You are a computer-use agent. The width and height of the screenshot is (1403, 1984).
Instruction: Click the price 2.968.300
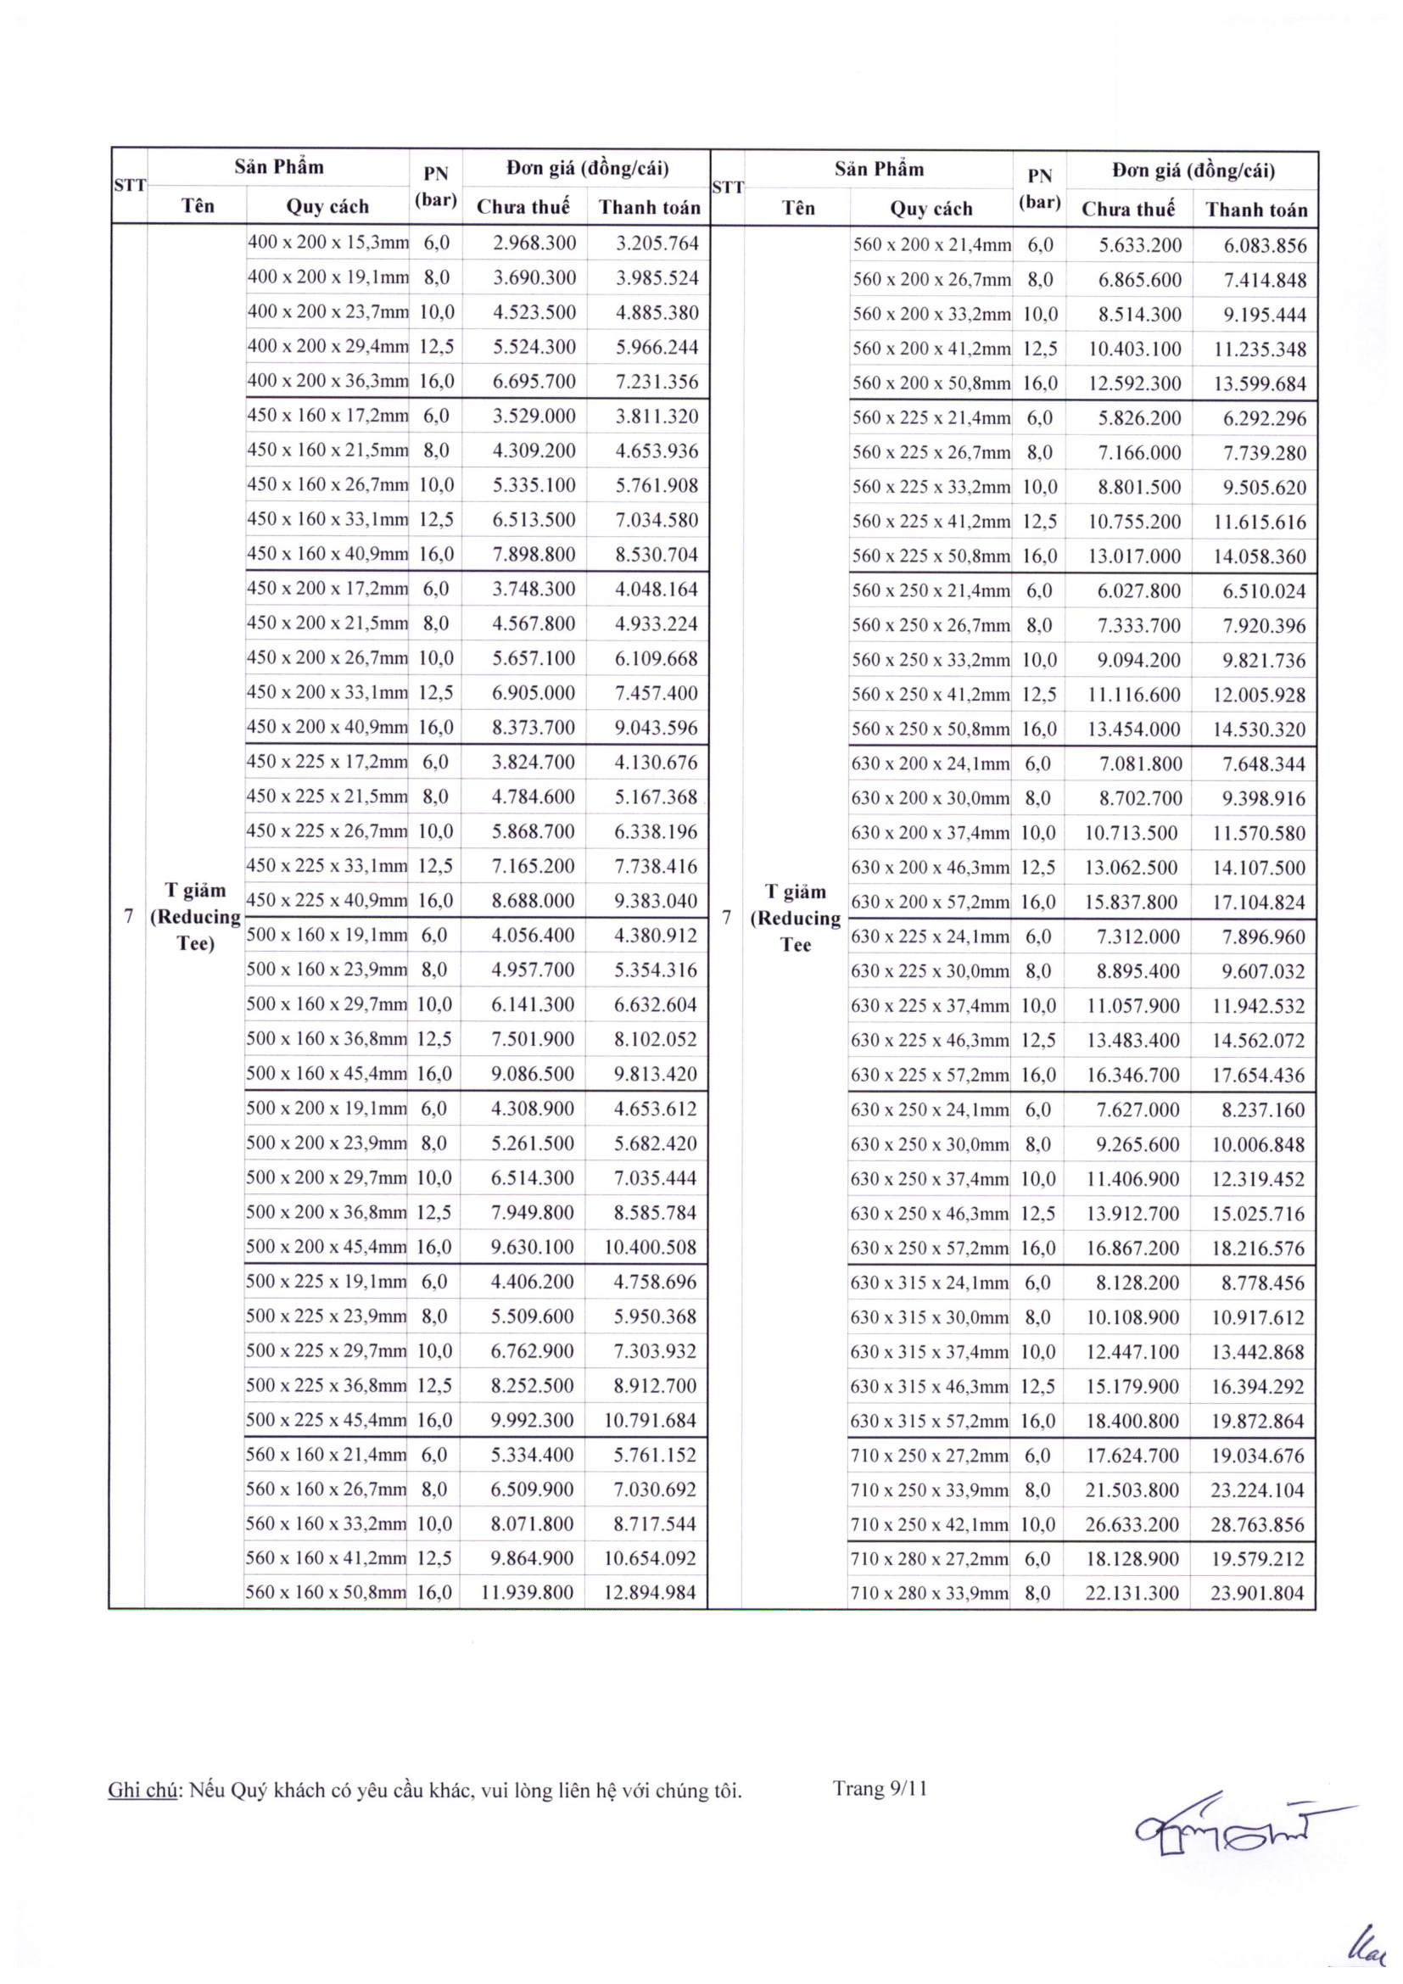534,243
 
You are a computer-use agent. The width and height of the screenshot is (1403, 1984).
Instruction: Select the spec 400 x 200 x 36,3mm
327,381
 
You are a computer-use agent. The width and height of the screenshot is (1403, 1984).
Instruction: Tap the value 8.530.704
657,554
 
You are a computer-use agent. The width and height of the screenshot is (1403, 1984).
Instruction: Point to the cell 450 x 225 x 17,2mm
327,761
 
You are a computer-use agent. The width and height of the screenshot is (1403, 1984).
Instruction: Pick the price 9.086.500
533,1073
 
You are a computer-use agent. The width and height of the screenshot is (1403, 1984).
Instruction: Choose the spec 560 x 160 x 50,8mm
326,1591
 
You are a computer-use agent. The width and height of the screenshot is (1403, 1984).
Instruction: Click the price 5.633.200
1139,245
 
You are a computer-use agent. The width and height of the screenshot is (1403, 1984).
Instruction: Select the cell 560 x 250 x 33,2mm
931,660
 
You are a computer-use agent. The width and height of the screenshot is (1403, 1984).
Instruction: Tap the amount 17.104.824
1258,903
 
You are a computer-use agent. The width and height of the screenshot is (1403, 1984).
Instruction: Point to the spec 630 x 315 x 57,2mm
930,1421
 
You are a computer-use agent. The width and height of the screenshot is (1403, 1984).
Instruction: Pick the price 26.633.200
1132,1524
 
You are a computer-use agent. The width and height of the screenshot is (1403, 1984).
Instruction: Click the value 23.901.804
1257,1594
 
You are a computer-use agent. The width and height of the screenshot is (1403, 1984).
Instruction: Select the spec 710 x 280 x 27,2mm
930,1559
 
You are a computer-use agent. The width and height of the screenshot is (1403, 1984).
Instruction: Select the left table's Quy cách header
327,206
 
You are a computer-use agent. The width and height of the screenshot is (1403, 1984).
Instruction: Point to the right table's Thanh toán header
1256,210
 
